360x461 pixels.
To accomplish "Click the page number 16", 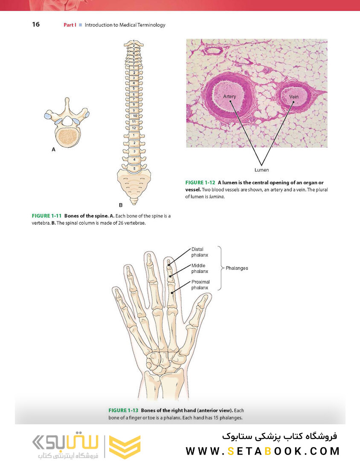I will point(36,24).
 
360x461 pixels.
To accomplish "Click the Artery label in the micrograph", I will point(229,96).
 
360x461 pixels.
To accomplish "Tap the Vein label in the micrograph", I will point(294,97).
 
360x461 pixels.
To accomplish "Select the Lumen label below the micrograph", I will point(262,170).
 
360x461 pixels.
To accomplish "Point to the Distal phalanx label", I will point(197,252).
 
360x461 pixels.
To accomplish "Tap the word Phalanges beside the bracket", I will point(237,268).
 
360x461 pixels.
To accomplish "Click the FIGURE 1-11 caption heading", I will point(46,216).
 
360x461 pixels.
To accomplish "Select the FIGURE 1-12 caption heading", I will point(200,183).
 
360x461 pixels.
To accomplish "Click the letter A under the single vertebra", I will point(53,150).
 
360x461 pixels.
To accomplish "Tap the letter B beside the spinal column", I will point(121,205).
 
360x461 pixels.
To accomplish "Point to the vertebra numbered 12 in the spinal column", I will point(134,128).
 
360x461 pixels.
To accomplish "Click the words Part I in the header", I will point(70,25).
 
